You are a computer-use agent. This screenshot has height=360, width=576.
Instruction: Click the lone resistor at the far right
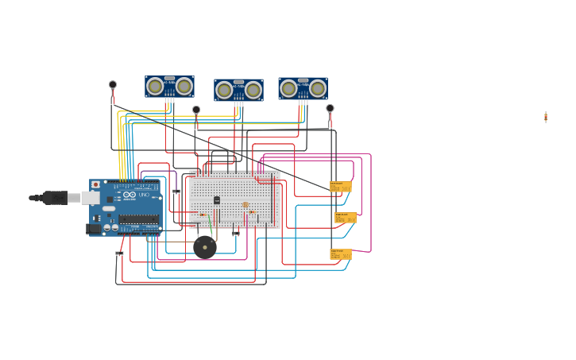coord(546,117)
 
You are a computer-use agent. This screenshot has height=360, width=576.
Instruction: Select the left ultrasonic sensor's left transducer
coord(156,86)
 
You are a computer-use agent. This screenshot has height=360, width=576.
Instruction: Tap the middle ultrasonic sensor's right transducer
coord(253,90)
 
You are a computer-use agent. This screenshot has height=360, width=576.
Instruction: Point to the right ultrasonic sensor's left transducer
coord(289,88)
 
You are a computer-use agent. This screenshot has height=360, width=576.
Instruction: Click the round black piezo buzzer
coord(205,247)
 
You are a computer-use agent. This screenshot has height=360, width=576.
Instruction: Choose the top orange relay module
coord(341,187)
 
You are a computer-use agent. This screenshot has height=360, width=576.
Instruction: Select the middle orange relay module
coord(346,217)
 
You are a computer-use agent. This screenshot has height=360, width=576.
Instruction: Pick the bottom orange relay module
coord(341,254)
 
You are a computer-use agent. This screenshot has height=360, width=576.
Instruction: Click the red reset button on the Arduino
coord(96,184)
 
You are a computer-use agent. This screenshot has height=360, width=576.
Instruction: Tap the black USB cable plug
coord(55,198)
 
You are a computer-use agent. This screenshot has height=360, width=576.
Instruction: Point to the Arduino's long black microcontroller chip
coord(138,219)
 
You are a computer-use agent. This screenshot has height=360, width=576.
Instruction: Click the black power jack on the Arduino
coord(93,229)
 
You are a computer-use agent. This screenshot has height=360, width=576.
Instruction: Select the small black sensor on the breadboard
coord(217,200)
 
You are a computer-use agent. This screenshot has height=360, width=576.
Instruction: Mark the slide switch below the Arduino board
coord(119,254)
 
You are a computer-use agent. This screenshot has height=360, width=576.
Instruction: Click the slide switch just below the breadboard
coord(235,234)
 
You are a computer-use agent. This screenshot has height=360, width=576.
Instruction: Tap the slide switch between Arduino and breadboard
coord(176,192)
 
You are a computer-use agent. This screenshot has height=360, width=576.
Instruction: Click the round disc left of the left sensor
coord(113,84)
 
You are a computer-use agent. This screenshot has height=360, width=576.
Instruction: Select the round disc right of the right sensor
coord(330,108)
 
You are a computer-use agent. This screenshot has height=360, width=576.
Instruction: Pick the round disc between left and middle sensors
coord(196,110)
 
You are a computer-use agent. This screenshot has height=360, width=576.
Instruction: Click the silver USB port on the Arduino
coord(90,198)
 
